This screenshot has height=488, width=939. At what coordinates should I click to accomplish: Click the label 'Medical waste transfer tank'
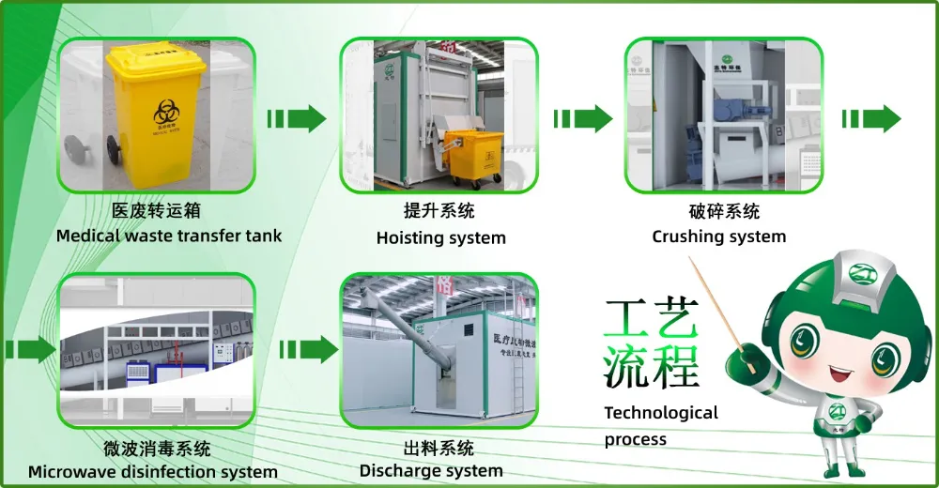coord(168,236)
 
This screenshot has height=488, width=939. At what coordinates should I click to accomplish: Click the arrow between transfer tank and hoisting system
coord(297,119)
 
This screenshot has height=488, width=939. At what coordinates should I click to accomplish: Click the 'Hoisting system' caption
coord(440,238)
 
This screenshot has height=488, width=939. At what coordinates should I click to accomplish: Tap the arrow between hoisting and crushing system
coord(582,119)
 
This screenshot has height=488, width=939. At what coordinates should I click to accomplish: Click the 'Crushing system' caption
coord(718,236)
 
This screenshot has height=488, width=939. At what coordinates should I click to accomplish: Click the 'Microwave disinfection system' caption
coord(152,471)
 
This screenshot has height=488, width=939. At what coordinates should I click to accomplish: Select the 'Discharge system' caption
coord(431,470)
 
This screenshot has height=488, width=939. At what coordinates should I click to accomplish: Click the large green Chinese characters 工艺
coord(651,321)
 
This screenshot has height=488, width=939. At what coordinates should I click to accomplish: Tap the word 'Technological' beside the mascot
coord(660,413)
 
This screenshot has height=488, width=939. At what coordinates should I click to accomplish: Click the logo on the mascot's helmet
coord(862,273)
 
